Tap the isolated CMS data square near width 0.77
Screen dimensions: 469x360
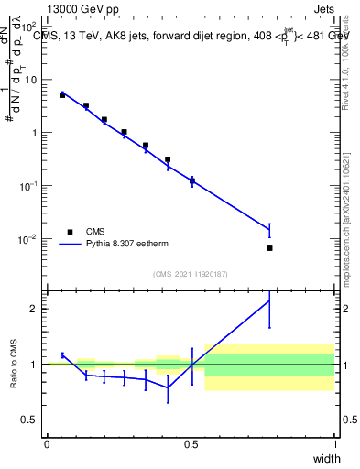pos(269,248)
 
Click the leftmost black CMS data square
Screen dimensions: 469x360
pos(62,94)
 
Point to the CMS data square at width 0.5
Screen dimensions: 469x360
pos(191,180)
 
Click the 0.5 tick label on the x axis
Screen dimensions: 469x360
pos(191,444)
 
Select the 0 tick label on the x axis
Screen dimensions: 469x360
pos(47,444)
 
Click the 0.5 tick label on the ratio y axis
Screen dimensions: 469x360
pos(29,420)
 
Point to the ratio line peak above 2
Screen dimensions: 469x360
pos(269,300)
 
